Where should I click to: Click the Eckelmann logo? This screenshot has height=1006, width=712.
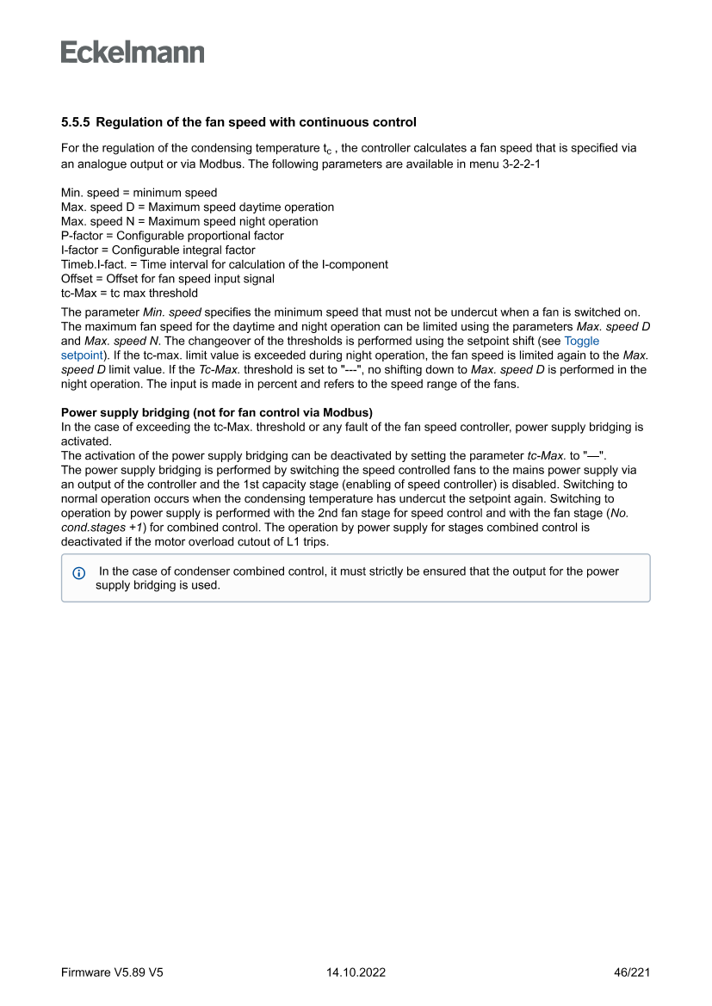pyautogui.click(x=133, y=52)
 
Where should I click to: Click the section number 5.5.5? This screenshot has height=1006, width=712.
pyautogui.click(x=77, y=122)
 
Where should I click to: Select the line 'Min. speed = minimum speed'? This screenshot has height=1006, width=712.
pyautogui.click(x=139, y=193)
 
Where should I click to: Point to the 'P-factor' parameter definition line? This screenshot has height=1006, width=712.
pyautogui.click(x=172, y=235)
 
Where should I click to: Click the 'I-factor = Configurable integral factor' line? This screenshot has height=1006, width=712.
pyautogui.click(x=158, y=250)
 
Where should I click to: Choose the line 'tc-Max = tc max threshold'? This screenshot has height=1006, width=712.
pyautogui.click(x=129, y=293)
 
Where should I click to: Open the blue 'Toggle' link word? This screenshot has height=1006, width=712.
pyautogui.click(x=581, y=341)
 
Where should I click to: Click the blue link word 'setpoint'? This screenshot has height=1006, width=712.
pyautogui.click(x=82, y=355)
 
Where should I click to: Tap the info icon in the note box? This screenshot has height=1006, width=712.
pyautogui.click(x=79, y=572)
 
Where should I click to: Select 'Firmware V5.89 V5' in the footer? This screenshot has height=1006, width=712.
pyautogui.click(x=112, y=972)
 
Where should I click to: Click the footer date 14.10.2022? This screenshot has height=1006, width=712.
pyautogui.click(x=356, y=972)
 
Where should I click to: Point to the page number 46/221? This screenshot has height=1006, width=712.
pyautogui.click(x=631, y=972)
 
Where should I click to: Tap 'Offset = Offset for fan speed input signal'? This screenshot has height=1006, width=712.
pyautogui.click(x=168, y=278)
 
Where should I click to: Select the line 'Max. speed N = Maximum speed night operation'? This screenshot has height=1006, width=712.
pyautogui.click(x=189, y=221)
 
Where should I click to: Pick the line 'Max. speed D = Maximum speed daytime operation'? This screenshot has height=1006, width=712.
pyautogui.click(x=197, y=207)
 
